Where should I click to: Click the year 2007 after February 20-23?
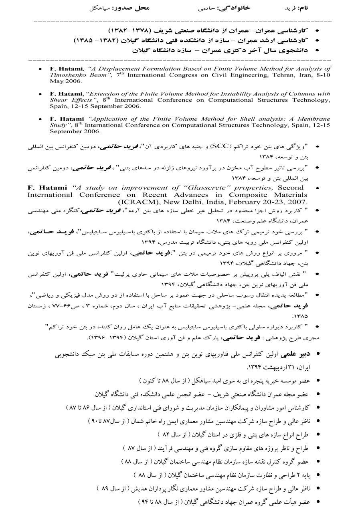tap(297, 201)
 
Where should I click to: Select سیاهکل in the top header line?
tap(100, 8)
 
